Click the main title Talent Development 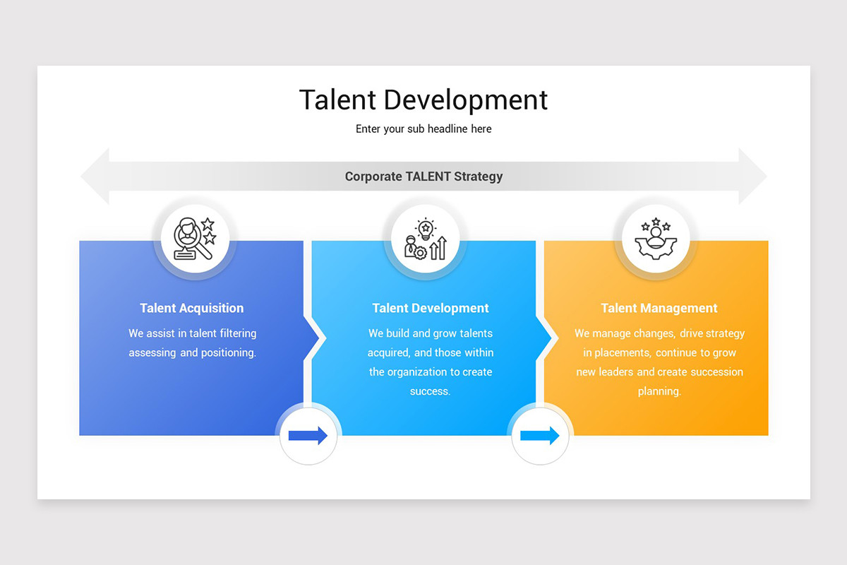(x=423, y=100)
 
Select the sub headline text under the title (x=423, y=129)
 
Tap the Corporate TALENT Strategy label (x=423, y=177)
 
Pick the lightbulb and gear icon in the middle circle (x=425, y=239)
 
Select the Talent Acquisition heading (x=192, y=308)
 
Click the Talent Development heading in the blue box (x=431, y=308)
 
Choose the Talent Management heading (x=659, y=308)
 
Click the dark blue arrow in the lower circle (x=308, y=436)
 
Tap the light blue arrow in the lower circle (x=540, y=436)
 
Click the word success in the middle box (x=430, y=391)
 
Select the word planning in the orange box (x=659, y=391)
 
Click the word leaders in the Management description (x=616, y=372)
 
